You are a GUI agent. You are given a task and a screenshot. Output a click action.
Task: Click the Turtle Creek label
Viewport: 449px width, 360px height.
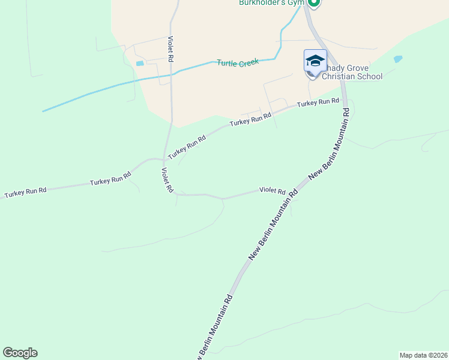[x=238, y=62]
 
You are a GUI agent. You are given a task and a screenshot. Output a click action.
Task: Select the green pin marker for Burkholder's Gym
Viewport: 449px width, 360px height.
[x=313, y=3]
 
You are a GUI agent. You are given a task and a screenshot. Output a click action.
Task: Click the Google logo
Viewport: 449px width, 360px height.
[x=20, y=353]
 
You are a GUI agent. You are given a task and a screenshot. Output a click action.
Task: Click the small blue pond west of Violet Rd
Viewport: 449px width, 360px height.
[x=140, y=63]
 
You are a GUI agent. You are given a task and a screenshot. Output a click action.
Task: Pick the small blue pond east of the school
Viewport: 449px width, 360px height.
[x=397, y=59]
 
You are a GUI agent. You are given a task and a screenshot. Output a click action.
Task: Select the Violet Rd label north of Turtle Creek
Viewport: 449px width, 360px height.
[x=170, y=50]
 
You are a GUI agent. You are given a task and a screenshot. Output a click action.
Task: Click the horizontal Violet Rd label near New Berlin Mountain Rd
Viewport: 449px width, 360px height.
[x=272, y=190]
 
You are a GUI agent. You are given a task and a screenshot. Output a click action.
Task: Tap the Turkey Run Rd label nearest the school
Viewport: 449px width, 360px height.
[x=318, y=103]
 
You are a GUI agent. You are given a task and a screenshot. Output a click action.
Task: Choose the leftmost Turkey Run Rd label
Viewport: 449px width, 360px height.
[x=25, y=193]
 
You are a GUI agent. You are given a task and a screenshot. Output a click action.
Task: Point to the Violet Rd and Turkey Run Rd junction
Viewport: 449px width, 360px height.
[x=164, y=160]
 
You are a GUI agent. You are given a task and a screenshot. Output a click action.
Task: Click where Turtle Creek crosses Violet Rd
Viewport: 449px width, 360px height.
[x=172, y=72]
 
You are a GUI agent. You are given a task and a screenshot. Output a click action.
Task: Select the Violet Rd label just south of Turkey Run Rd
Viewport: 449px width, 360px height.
[x=167, y=180]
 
